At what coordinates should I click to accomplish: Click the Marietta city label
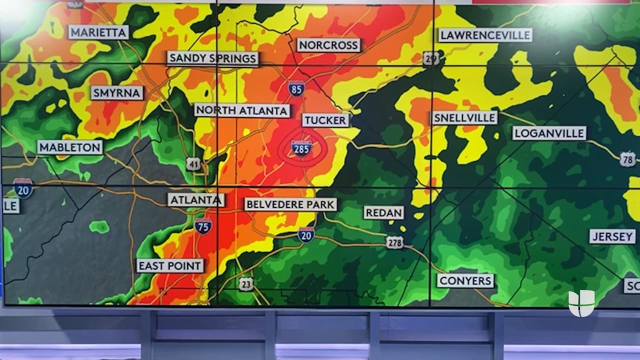(x=98, y=32)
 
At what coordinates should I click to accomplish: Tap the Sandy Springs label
(x=213, y=58)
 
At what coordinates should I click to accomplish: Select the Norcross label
(x=328, y=45)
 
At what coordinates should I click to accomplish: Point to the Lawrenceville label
(x=485, y=35)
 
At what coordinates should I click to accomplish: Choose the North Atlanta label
(x=242, y=110)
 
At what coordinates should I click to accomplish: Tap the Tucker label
(x=325, y=120)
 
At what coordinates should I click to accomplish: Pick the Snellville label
(x=464, y=118)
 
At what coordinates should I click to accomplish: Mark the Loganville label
(x=549, y=133)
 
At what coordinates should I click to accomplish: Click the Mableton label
(x=70, y=147)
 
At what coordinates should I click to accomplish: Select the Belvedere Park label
(x=290, y=204)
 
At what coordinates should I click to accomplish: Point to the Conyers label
(x=465, y=280)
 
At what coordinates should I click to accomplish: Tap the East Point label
(x=170, y=265)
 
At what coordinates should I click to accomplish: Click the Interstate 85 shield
(x=296, y=89)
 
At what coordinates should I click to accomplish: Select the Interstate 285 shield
(x=301, y=147)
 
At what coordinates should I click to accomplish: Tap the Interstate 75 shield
(x=203, y=226)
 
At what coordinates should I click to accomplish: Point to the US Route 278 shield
(x=394, y=242)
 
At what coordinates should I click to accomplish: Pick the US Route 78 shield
(x=627, y=159)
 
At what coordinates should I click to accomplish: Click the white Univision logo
(x=581, y=303)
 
